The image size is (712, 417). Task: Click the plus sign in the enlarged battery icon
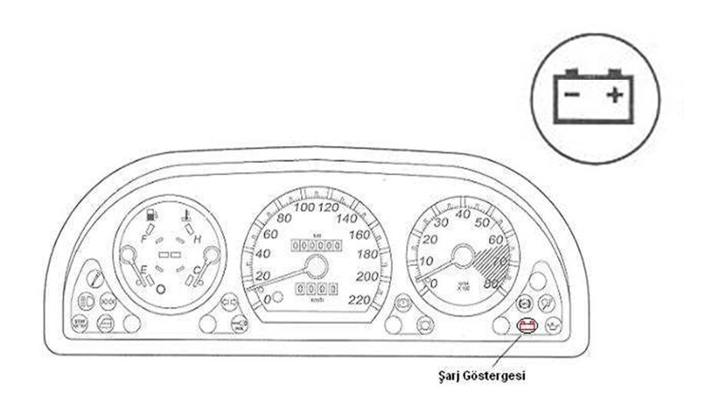(x=614, y=95)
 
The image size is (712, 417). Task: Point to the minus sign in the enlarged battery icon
(x=571, y=95)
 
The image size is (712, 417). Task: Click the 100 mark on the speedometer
(x=305, y=208)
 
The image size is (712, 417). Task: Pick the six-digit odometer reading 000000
(x=315, y=245)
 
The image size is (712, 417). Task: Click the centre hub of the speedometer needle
(x=315, y=266)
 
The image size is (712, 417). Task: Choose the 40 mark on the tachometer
(x=463, y=215)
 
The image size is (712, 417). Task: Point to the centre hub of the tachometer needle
(x=462, y=255)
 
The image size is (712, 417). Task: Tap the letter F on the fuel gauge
(x=143, y=239)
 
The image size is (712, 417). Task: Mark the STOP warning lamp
(x=79, y=323)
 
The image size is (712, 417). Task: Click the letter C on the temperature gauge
(x=197, y=268)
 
